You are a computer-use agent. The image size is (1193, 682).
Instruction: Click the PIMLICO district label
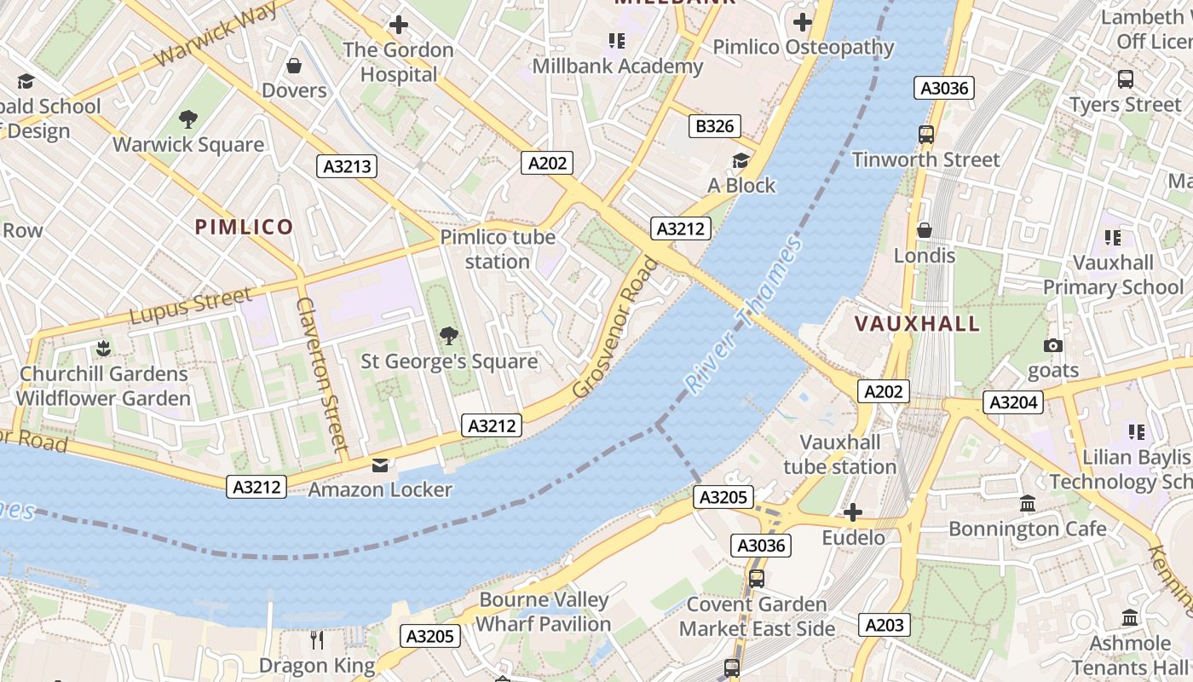tap(244, 227)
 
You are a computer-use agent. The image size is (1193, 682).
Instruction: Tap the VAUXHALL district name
tap(917, 324)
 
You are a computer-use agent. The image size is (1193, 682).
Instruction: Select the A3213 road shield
tap(348, 166)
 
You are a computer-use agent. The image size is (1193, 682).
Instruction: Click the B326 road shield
tap(714, 126)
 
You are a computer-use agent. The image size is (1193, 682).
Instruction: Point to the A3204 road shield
tap(1013, 402)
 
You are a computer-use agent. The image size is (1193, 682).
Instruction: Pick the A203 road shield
tap(884, 625)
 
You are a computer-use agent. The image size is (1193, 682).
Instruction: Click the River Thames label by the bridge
tap(744, 315)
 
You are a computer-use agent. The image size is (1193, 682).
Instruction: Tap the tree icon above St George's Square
tap(448, 336)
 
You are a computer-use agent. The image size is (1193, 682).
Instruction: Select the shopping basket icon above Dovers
tap(294, 66)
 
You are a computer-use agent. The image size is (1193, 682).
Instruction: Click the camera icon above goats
tap(1053, 345)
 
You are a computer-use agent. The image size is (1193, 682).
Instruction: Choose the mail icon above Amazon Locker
tap(379, 465)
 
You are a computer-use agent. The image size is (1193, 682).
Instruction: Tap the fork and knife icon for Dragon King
tap(316, 639)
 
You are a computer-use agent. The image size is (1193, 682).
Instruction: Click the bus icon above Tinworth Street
tap(925, 134)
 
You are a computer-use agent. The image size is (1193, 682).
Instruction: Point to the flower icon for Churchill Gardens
tap(103, 348)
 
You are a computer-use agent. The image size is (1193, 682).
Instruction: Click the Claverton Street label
tap(322, 373)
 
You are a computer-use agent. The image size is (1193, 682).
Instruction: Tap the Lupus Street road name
tap(191, 305)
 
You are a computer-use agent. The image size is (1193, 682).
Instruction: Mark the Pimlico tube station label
tap(498, 249)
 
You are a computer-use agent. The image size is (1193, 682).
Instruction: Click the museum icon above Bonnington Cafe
tap(1028, 503)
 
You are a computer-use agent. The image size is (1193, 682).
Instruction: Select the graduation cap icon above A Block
tap(741, 160)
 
